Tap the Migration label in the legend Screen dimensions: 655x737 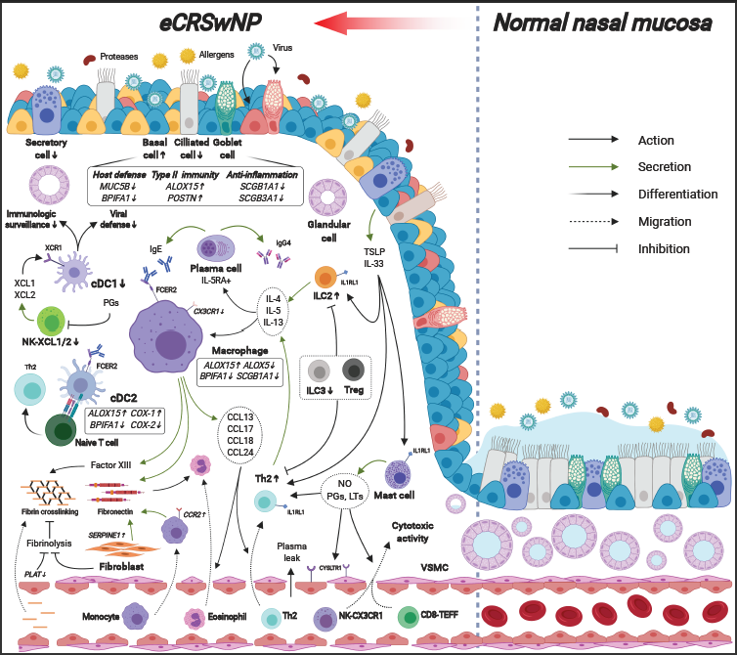click(665, 221)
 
